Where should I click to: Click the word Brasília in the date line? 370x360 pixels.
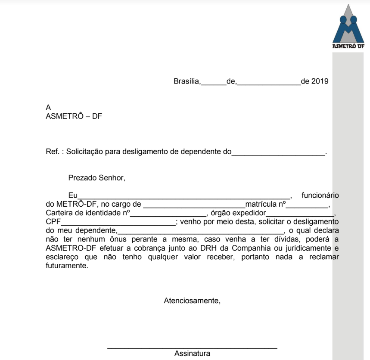pos(187,81)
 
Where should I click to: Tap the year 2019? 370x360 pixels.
pos(320,81)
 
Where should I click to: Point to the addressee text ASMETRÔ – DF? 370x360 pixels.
pos(74,116)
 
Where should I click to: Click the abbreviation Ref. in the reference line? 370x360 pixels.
pos(52,152)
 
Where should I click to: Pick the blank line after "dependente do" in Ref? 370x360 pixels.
pos(278,153)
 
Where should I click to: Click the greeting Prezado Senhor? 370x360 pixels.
pos(96,177)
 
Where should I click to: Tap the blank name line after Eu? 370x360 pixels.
pos(184,197)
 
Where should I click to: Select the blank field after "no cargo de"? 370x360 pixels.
pos(194,205)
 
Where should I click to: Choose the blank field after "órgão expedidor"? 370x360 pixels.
pos(300,214)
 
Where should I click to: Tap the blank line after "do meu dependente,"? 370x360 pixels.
pos(201,232)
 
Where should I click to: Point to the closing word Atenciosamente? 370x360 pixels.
pos(192,301)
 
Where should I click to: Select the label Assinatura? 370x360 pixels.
pos(192,354)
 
